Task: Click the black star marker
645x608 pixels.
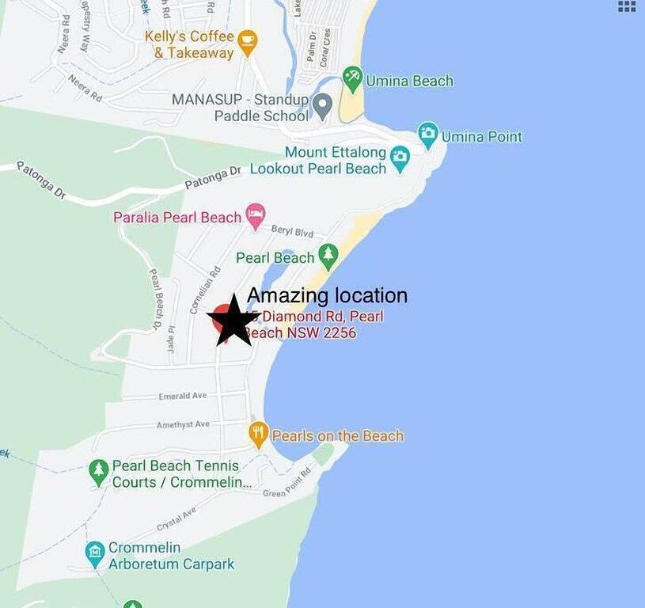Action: pos(233,321)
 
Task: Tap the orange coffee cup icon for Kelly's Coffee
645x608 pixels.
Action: pos(248,40)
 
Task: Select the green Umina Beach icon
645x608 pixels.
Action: pos(353,79)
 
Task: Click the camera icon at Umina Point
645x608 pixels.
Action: pos(428,135)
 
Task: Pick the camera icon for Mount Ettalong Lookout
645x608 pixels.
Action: pos(400,157)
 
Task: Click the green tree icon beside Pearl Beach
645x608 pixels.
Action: pos(328,256)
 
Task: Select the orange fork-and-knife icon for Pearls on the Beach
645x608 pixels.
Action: pos(259,434)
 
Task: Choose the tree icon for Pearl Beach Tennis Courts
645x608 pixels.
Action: pos(98,472)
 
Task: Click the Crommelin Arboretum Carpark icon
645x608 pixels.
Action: pos(96,554)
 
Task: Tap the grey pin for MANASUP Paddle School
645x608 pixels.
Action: pos(322,105)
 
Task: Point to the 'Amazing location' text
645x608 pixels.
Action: pos(327,296)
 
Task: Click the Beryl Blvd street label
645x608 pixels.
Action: pos(292,230)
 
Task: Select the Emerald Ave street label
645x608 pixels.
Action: pos(182,395)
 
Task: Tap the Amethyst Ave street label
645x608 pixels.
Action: pos(183,424)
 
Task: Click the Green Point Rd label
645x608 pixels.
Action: pos(288,483)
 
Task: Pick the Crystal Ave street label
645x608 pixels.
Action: pos(176,520)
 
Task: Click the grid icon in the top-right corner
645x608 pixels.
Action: pos(627,6)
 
